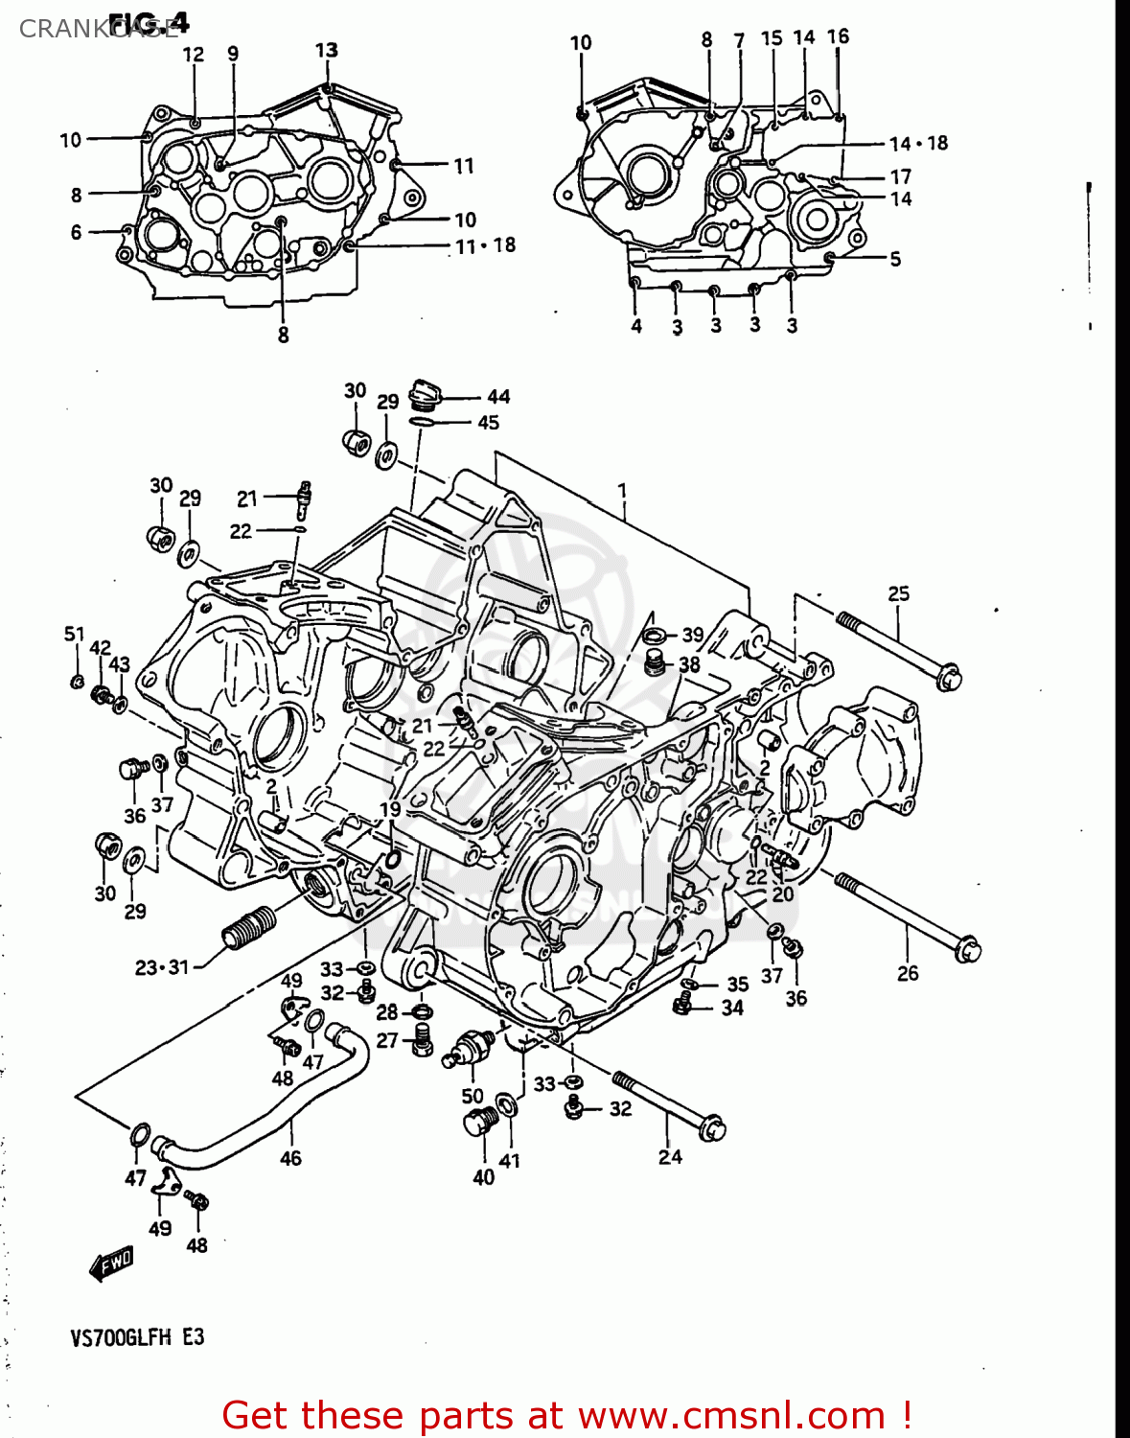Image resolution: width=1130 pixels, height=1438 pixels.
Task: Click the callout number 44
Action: point(498,397)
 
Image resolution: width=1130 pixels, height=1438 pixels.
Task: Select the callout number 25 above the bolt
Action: point(898,594)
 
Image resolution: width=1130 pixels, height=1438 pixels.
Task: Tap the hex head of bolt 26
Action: point(968,950)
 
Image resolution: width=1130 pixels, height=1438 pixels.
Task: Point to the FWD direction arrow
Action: point(111,1264)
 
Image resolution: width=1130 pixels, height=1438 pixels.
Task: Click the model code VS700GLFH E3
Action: point(137,1337)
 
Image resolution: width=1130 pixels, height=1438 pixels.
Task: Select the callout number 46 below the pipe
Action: point(290,1159)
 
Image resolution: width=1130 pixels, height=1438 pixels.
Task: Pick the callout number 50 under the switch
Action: point(473,1097)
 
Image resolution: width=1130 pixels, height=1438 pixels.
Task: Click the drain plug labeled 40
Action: point(480,1122)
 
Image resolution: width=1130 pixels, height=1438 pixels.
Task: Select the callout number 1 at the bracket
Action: point(622,491)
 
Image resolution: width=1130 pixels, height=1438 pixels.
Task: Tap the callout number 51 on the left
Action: point(75,634)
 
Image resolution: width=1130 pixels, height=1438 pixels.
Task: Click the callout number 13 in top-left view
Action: point(326,50)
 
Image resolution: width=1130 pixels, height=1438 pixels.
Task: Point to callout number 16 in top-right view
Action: point(838,36)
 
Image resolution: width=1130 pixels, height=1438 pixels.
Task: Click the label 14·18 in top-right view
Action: point(918,144)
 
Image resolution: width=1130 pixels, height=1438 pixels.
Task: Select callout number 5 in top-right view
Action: point(895,259)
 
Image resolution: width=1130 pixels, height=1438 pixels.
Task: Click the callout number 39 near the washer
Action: point(692,635)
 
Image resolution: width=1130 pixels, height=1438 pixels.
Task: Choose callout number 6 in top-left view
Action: point(77,232)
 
